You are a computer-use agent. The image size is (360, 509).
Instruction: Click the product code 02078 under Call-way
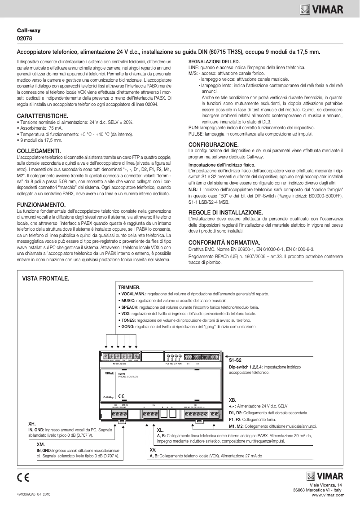pos(24,39)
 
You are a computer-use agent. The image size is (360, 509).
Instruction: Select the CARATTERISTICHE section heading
pos(42,116)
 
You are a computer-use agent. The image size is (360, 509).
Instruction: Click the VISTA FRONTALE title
pos(46,279)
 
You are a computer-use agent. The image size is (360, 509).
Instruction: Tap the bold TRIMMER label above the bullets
pos(130,287)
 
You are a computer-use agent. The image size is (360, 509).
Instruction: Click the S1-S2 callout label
pos(235,360)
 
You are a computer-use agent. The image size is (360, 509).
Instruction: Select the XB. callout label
pos(232,399)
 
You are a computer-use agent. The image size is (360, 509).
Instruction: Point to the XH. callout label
pos(32,423)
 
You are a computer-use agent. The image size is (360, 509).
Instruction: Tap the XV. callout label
pos(153,449)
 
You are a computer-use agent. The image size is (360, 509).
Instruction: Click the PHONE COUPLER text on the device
pos(127,376)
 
